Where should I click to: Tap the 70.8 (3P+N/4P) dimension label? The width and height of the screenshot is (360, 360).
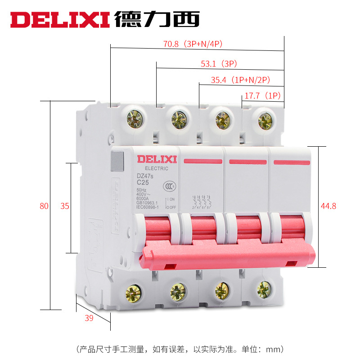193,44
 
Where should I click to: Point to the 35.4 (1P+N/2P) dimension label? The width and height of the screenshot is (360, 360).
240,81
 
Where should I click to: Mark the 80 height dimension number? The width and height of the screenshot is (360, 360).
44,207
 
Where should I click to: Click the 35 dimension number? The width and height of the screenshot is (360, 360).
65,207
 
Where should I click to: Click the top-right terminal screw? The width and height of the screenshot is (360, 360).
265,120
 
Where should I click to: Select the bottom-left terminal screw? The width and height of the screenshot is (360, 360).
134,293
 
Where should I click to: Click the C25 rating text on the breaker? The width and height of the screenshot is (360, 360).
143,182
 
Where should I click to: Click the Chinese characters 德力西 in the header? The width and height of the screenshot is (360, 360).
157,19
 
